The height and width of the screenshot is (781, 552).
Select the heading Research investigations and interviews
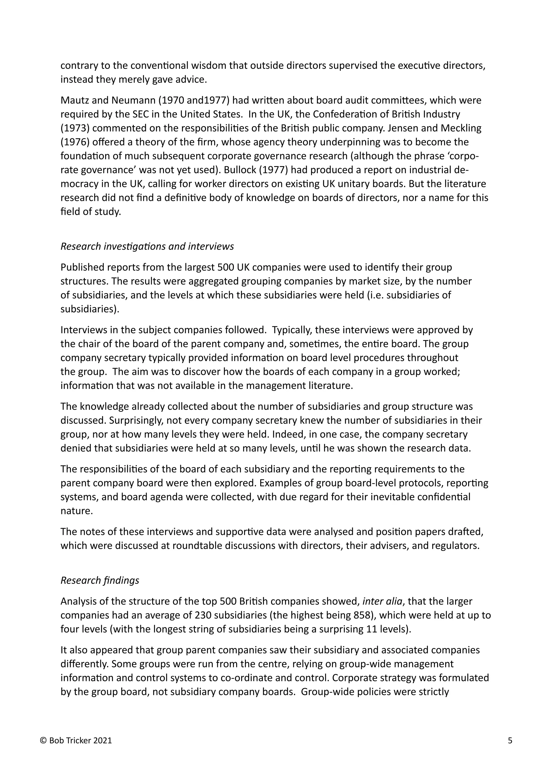pos(147,246)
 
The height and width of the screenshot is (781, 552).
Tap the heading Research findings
pos(99,580)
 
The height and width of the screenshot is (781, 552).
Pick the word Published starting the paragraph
pos(82,267)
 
